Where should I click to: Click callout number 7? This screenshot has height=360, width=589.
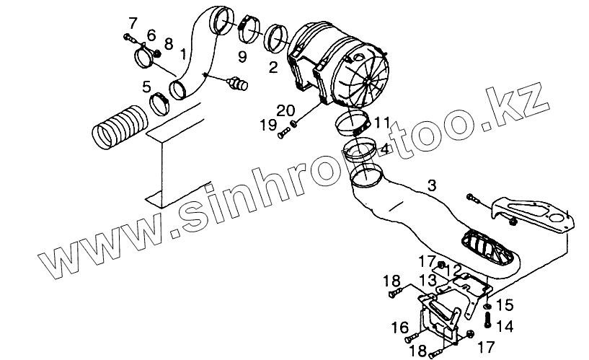[x=132, y=21]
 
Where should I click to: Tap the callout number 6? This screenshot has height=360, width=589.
[x=151, y=35]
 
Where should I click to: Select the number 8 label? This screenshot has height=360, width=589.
[x=168, y=44]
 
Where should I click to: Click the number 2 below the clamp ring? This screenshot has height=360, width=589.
[x=273, y=68]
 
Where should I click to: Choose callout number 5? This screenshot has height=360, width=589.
[x=146, y=87]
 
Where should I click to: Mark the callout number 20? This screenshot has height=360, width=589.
[x=285, y=110]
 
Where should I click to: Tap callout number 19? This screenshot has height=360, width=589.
[x=268, y=125]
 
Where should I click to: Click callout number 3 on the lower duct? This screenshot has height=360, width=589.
[x=431, y=186]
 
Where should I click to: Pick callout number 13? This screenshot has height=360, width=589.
[x=428, y=279]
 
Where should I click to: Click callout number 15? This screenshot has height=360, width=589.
[x=505, y=304]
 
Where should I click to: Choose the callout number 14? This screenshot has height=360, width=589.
[x=505, y=326]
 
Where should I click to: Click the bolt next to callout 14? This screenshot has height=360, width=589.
[x=488, y=318]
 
